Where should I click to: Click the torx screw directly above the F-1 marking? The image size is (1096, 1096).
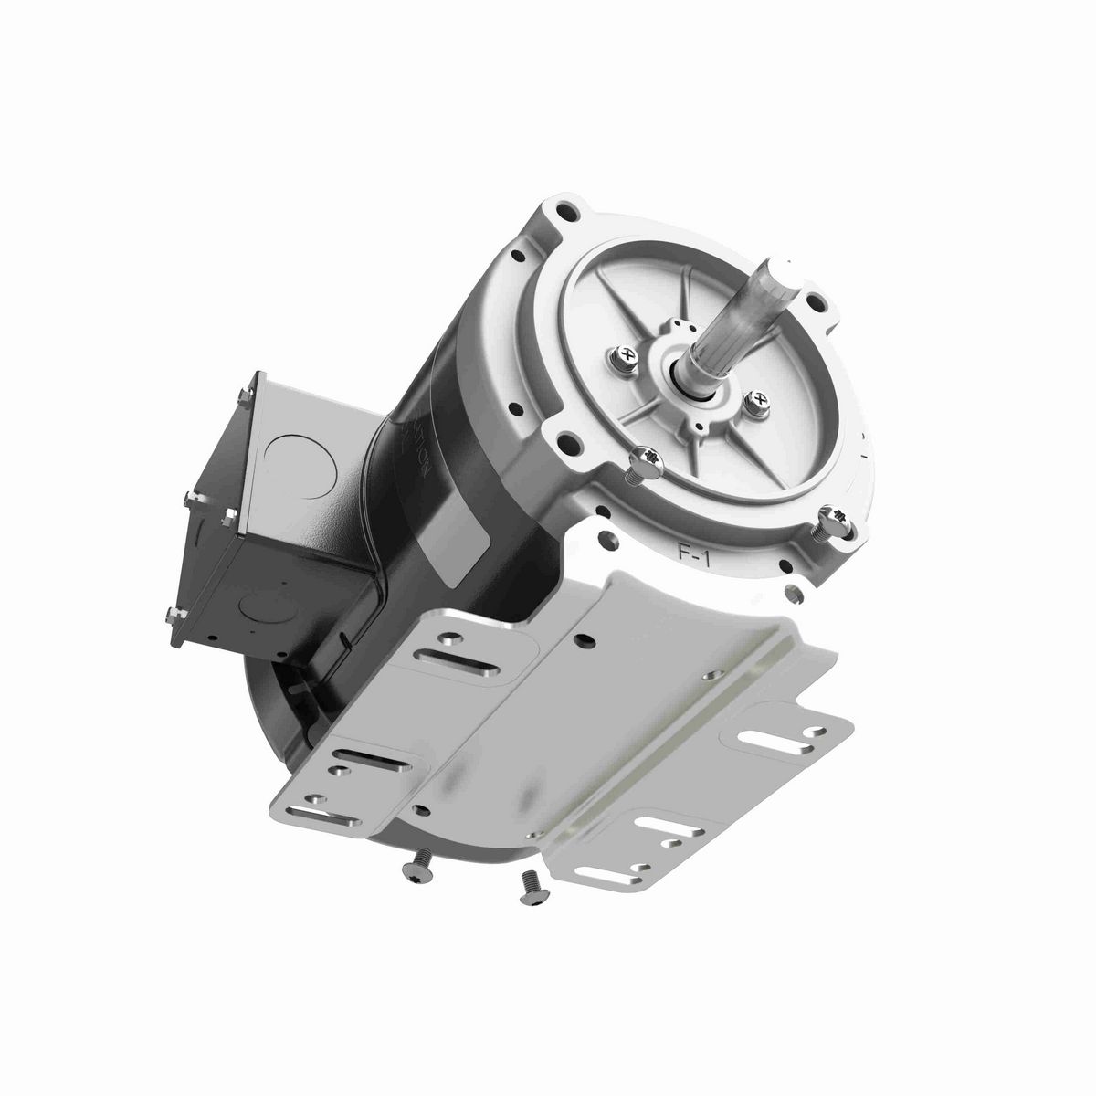click(x=646, y=455)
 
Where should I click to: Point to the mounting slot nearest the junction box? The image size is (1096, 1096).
click(x=473, y=656)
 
